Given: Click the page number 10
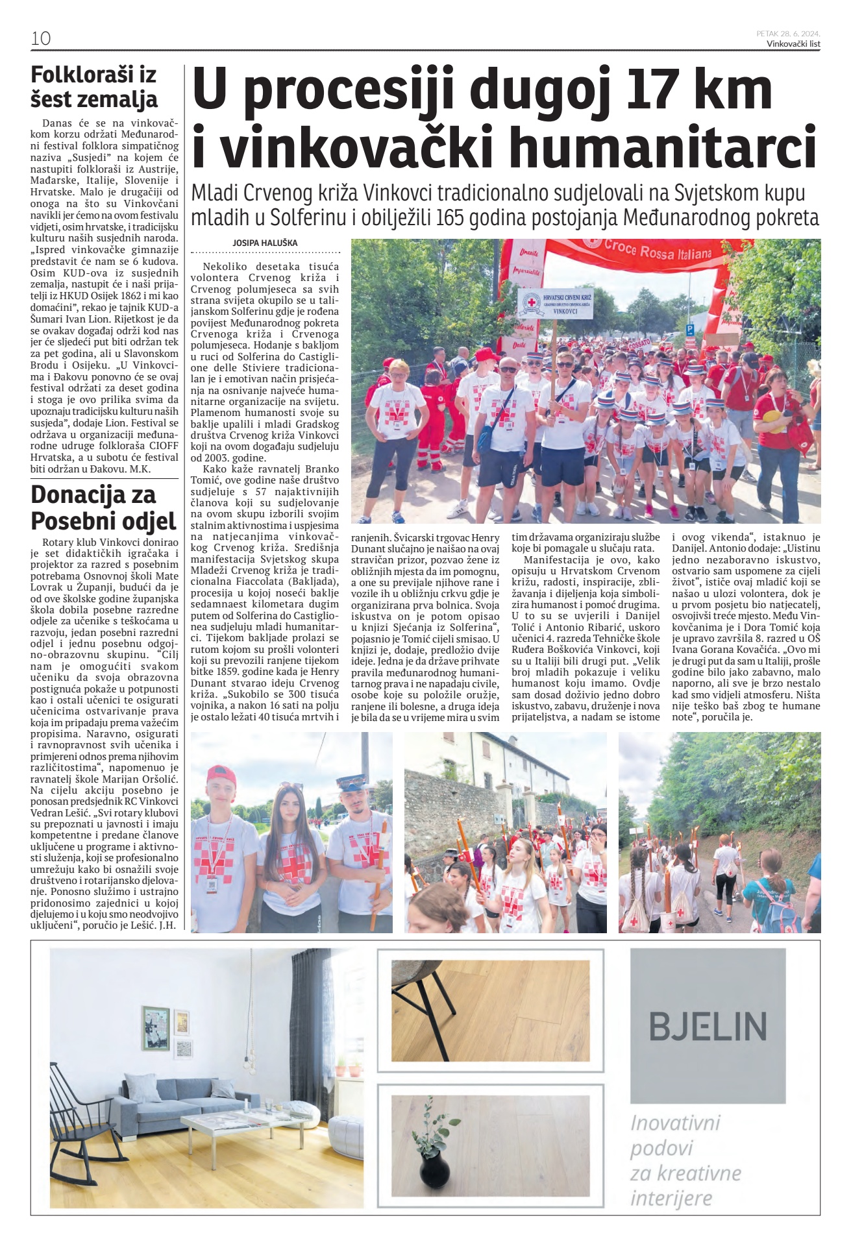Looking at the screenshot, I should point(40,38).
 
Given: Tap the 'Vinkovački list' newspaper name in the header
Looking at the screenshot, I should point(793,44).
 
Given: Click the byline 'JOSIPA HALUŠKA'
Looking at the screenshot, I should point(265,243).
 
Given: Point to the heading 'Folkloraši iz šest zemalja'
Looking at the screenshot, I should point(94,86).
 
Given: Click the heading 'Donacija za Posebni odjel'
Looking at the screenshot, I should point(103,507).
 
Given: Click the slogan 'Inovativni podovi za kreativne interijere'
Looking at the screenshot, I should point(685,1159).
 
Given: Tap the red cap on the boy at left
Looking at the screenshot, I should point(221,775).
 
